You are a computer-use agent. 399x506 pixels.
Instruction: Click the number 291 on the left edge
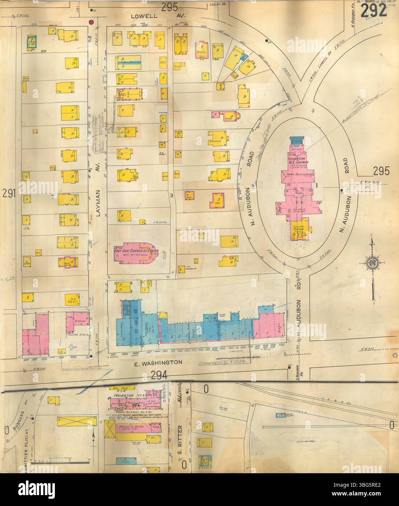[9, 194]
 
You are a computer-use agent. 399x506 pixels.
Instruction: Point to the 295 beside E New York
[380, 171]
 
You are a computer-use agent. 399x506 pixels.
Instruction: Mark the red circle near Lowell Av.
[92, 23]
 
